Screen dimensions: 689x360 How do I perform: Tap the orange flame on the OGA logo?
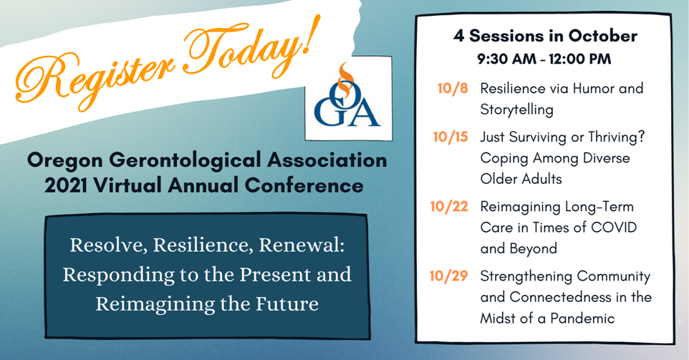[x=345, y=77]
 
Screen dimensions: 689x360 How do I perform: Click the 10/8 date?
[x=453, y=88]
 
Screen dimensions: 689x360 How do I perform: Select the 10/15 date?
[x=450, y=137]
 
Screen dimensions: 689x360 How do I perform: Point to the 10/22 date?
[x=449, y=206]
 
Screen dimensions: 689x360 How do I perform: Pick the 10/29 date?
[x=448, y=276]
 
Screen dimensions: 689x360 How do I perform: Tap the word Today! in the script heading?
[x=249, y=47]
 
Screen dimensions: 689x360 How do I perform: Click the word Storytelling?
[x=517, y=110]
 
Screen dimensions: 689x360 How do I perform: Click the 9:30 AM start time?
[x=505, y=59]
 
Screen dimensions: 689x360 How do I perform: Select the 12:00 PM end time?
[x=578, y=59]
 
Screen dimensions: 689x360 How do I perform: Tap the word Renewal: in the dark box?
[x=302, y=245]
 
